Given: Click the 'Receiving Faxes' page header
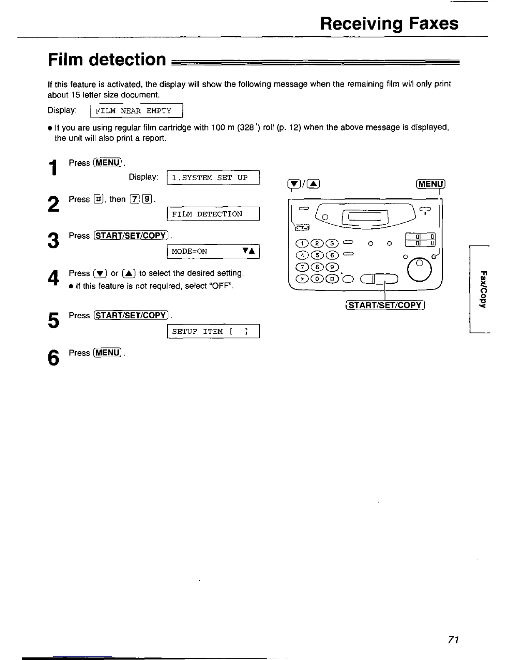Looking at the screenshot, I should coord(389,23).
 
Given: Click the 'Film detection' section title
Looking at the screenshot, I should coord(107,60).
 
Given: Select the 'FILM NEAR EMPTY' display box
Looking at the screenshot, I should coord(137,111).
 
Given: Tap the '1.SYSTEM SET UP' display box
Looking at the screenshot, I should coord(213,177).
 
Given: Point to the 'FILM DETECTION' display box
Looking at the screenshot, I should coord(213,214).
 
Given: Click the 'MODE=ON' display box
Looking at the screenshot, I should coord(213,251).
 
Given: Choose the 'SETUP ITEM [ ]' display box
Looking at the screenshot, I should coord(213,332).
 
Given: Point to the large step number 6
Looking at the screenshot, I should coord(52,358).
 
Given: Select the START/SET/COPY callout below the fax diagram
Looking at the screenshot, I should coord(384,305).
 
